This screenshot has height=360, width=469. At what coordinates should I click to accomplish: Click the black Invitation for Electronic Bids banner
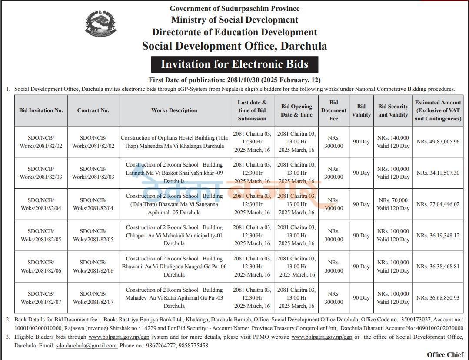point(234,64)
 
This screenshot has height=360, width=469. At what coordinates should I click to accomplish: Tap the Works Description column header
point(174,110)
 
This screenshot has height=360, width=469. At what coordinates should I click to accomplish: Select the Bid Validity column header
point(361,110)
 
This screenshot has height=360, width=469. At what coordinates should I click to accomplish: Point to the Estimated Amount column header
point(438,110)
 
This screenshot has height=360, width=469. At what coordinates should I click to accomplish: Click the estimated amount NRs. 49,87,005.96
point(438,142)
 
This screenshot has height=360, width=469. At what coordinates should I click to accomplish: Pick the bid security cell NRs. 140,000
point(393,142)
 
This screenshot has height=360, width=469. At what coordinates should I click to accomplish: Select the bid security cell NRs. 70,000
point(393,204)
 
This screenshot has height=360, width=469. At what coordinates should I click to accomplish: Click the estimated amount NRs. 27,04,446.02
point(438,204)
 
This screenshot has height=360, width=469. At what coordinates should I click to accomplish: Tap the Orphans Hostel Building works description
point(174,142)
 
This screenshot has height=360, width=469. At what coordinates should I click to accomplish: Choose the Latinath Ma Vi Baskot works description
point(174,173)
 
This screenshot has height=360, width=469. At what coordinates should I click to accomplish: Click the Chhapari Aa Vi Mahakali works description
point(174,235)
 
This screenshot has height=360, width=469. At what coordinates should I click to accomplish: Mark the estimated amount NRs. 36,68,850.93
point(438,298)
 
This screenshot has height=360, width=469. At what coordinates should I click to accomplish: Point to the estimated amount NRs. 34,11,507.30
point(438,173)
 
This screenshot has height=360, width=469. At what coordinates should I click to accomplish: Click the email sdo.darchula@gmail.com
point(86,346)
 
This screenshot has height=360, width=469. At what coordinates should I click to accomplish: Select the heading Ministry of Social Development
point(234,20)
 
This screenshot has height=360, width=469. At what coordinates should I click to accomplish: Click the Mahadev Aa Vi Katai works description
point(174,298)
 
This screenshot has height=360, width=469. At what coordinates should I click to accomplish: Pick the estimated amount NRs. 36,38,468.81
point(438,267)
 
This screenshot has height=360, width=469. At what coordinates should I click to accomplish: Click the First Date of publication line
point(234,80)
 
